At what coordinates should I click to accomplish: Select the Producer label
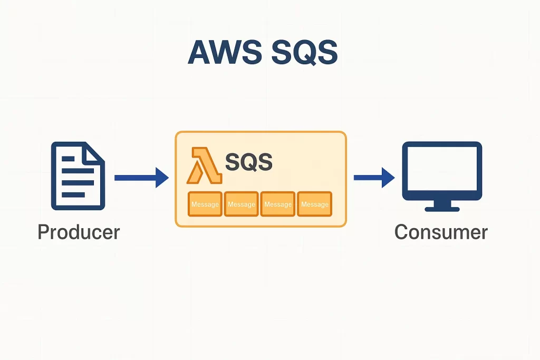pos(79,232)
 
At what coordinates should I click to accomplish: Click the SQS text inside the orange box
pos(248,163)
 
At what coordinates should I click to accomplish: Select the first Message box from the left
pos(205,204)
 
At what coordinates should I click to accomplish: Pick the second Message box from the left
pos(242,204)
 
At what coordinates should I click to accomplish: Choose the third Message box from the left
pos(278,204)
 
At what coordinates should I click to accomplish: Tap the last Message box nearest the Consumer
pos(314,204)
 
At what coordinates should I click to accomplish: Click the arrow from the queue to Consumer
pos(373,178)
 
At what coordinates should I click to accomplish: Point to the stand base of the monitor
pos(442,209)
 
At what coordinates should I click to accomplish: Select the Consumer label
pos(441,232)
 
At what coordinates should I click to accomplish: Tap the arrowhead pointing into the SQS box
pos(161,178)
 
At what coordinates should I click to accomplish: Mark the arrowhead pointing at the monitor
pos(389,178)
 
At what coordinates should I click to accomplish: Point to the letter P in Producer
pos(43,232)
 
